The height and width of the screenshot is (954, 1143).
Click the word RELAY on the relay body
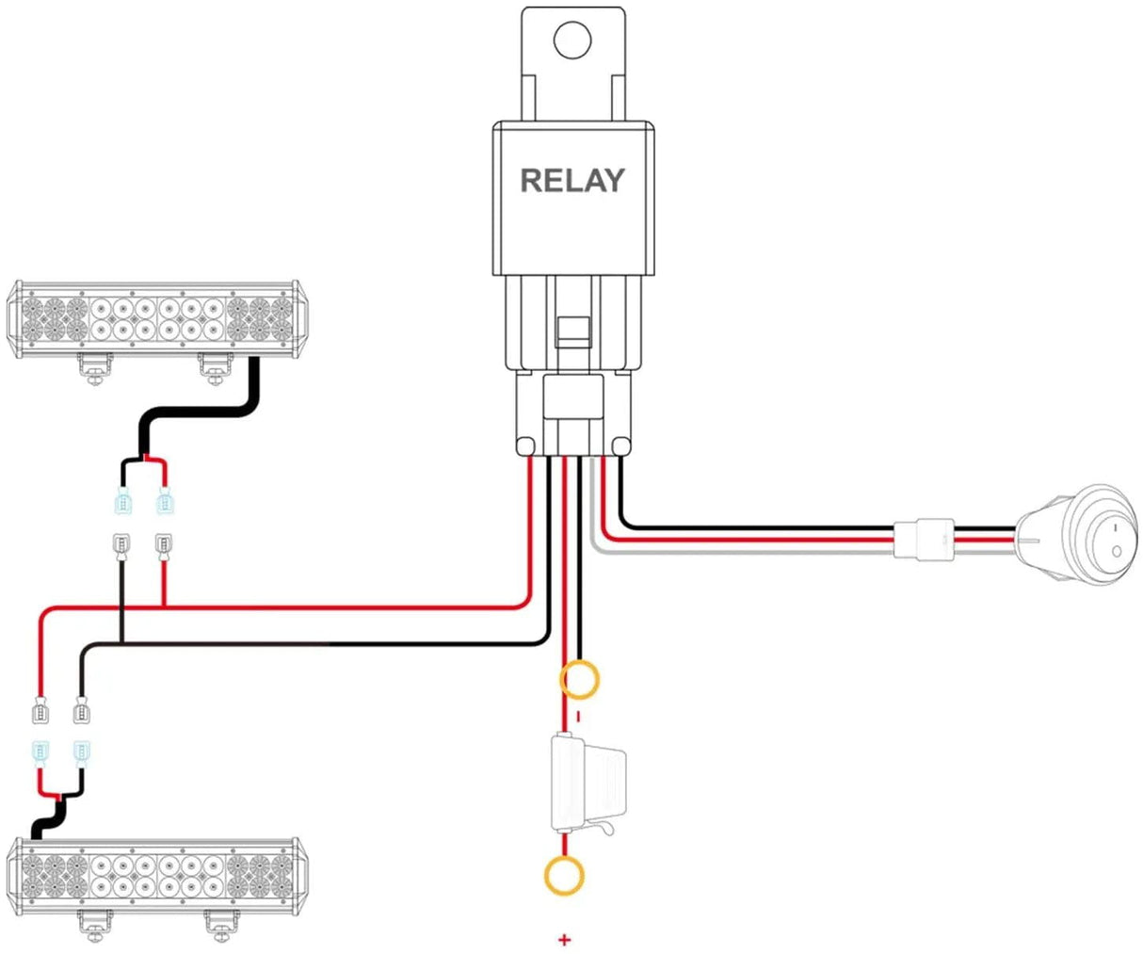click(x=571, y=180)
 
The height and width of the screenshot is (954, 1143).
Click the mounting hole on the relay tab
click(x=571, y=40)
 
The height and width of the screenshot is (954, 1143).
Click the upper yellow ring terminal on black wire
click(x=579, y=680)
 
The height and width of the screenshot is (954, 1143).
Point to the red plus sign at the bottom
click(x=564, y=939)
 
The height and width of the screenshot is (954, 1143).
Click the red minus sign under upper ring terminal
click(x=578, y=717)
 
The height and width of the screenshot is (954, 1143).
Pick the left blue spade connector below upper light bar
click(x=122, y=504)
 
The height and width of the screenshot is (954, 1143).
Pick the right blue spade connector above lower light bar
click(x=81, y=753)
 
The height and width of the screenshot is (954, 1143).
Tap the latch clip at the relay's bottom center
click(x=571, y=329)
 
